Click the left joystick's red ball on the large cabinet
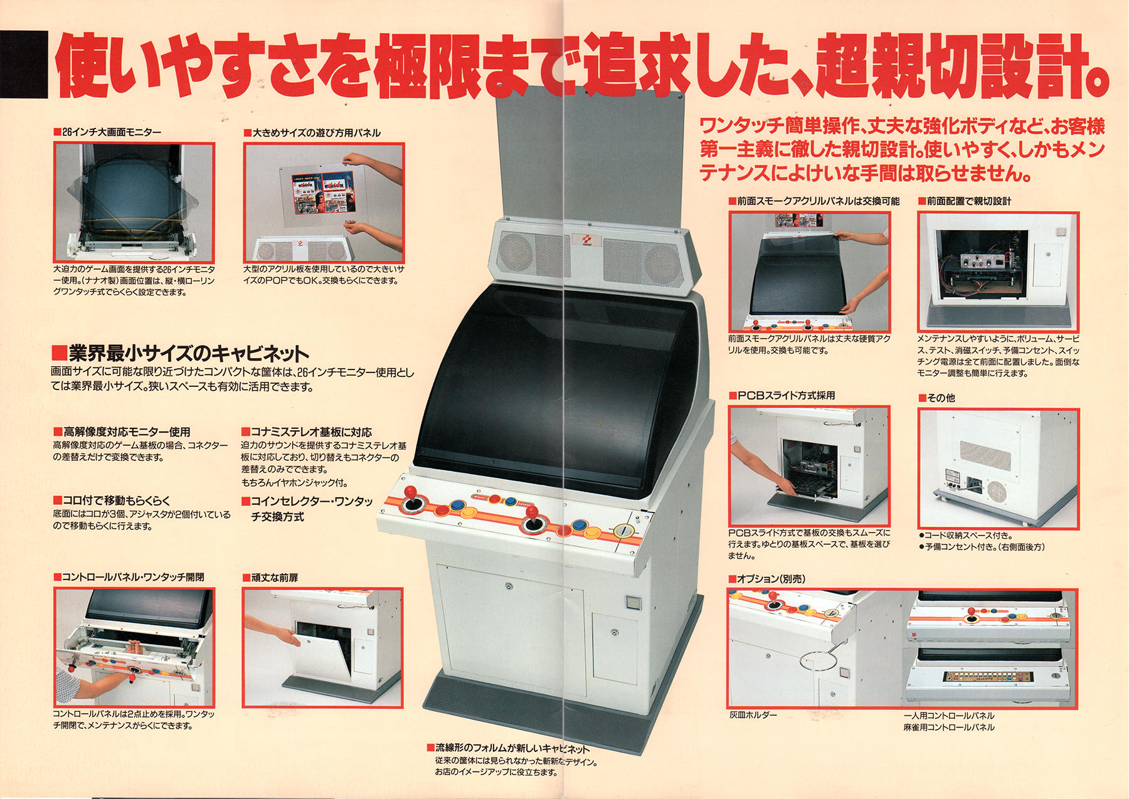click(x=411, y=490)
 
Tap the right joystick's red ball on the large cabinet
click(x=531, y=512)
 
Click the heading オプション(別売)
click(x=767, y=579)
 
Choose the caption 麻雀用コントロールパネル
click(x=949, y=728)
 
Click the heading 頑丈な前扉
click(x=271, y=578)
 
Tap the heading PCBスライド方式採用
click(x=782, y=395)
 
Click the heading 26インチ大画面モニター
click(x=108, y=132)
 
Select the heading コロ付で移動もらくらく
click(x=112, y=500)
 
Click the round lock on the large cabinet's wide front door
click(x=508, y=587)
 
